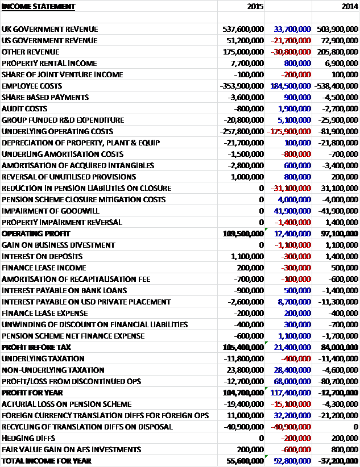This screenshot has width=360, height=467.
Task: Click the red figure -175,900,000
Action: coord(288,131)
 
